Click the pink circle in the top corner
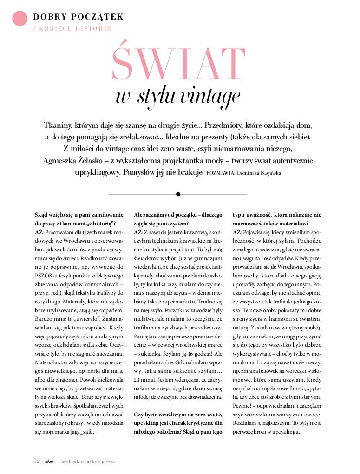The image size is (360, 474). [20, 18]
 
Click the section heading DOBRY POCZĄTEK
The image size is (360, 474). [78, 17]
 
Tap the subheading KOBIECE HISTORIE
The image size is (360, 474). [75, 28]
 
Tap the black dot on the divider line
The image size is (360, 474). [178, 194]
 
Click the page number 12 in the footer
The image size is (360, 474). [36, 461]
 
